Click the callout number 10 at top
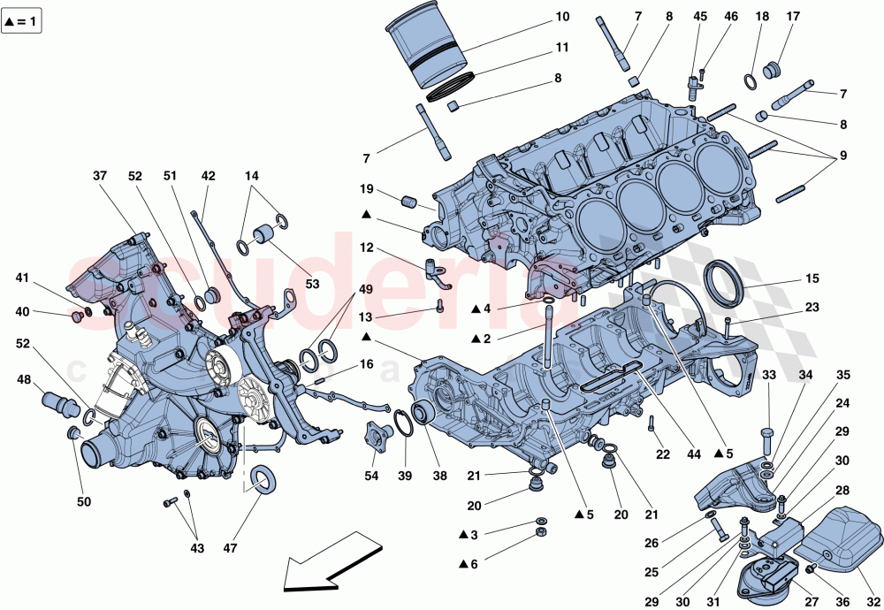click(x=563, y=17)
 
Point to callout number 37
click(x=100, y=175)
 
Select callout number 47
click(x=231, y=548)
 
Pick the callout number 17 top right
click(x=792, y=17)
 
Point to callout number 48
click(x=24, y=379)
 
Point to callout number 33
click(x=769, y=376)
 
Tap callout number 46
click(x=730, y=17)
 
